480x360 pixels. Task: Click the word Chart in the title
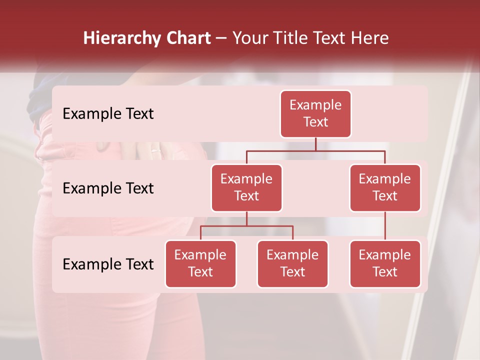[x=188, y=38]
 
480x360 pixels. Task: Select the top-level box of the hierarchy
[x=315, y=113]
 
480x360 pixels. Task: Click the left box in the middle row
[x=246, y=187]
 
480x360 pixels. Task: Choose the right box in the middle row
[x=385, y=187]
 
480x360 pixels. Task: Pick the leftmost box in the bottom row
[x=200, y=263]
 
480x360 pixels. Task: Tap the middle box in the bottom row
[x=292, y=263]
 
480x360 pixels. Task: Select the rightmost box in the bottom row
[x=385, y=263]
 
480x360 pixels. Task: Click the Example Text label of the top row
[x=108, y=113]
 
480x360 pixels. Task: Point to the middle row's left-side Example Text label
[x=108, y=188]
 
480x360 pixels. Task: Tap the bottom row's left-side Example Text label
[x=108, y=264]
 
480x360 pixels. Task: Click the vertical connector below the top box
[x=315, y=144]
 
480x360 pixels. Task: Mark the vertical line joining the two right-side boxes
[x=385, y=226]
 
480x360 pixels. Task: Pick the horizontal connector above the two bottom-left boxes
[x=246, y=226]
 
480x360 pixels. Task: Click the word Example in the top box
[x=315, y=105]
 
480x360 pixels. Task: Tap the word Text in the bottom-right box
[x=385, y=272]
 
